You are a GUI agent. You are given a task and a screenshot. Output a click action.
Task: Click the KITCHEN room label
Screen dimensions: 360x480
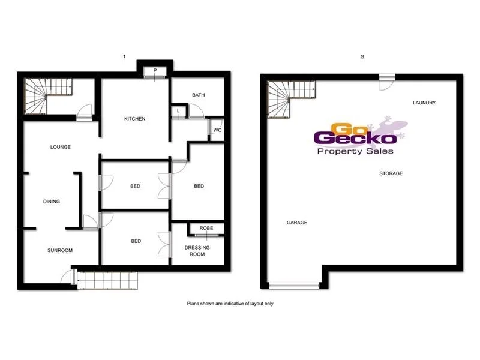pos(135,119)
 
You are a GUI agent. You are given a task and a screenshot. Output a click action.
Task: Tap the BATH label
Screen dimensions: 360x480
pos(199,95)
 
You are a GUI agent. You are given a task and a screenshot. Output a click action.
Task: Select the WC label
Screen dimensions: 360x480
pos(218,130)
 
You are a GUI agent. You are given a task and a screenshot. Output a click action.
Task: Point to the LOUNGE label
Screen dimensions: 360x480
pos(61,147)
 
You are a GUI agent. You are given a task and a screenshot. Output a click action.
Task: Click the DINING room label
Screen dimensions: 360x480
pos(52,202)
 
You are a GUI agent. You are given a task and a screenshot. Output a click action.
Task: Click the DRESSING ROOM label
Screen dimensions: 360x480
pos(194,250)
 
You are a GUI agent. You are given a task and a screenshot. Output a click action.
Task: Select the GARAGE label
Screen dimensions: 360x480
pos(296,223)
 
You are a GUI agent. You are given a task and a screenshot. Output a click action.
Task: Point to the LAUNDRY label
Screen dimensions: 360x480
pos(424,103)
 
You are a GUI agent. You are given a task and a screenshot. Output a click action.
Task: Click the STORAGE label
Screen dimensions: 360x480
pos(391,173)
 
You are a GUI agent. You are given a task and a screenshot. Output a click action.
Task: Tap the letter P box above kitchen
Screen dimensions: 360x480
pos(155,71)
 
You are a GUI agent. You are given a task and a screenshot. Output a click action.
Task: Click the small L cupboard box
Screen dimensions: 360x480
pos(179,110)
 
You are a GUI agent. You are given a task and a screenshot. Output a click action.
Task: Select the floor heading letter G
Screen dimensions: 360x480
pos(362,56)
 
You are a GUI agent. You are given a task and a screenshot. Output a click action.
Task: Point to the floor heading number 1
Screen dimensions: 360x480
pos(124,56)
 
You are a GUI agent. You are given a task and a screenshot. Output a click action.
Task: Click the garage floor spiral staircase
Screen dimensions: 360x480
pos(286,98)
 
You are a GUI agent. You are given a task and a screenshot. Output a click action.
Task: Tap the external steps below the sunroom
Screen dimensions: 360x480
pos(107,280)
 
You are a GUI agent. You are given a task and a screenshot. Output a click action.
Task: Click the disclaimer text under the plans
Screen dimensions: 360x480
pos(230,304)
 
